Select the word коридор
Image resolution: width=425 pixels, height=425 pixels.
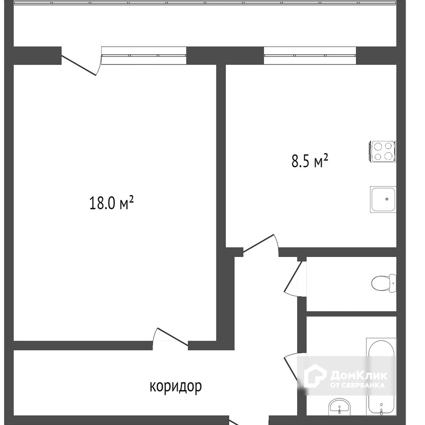(176, 386)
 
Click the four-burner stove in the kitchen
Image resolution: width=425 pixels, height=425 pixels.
(382, 152)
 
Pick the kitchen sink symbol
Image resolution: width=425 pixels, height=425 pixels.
(383, 199)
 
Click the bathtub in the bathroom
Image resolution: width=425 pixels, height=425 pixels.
(381, 377)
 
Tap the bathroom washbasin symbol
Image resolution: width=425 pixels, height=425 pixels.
(340, 407)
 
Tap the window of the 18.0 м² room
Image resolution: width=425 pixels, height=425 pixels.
(144, 55)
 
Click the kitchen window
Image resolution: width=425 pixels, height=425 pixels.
(310, 55)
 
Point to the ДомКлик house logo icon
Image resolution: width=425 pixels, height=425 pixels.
(315, 375)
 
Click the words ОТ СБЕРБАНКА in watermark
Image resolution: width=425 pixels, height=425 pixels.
(357, 385)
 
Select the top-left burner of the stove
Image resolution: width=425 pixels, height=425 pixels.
(378, 147)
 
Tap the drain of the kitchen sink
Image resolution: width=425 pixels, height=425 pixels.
(387, 199)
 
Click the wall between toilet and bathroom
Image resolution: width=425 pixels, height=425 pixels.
(351, 314)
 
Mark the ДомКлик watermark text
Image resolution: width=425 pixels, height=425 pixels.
(359, 375)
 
